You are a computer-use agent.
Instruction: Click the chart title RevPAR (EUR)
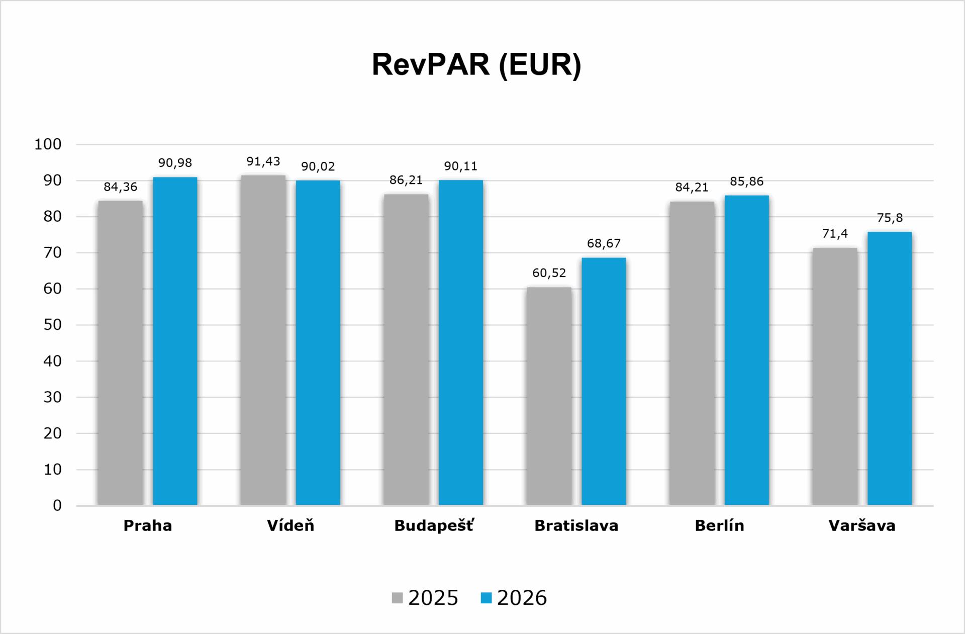pyautogui.click(x=476, y=64)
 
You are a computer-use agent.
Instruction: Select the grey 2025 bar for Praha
pyautogui.click(x=120, y=353)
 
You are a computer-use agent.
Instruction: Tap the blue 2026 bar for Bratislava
pyautogui.click(x=604, y=381)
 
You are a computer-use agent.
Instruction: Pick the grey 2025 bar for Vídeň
pyautogui.click(x=263, y=340)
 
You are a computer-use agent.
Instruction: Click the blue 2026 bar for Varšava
pyautogui.click(x=890, y=369)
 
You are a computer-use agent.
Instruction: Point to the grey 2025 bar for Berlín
pyautogui.click(x=692, y=353)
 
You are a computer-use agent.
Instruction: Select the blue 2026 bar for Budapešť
pyautogui.click(x=461, y=342)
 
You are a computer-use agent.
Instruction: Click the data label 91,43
pyautogui.click(x=263, y=161)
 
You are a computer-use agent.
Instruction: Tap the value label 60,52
pyautogui.click(x=549, y=273)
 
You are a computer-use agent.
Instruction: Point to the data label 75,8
pyautogui.click(x=890, y=218)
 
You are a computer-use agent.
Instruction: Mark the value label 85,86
pyautogui.click(x=747, y=182)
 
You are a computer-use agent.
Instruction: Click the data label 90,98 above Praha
pyautogui.click(x=175, y=163)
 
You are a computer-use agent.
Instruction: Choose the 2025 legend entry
pyautogui.click(x=425, y=598)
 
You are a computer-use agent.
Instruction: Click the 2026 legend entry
pyautogui.click(x=514, y=598)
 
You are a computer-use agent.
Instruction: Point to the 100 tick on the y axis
pyautogui.click(x=48, y=144)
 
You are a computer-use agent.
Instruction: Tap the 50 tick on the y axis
pyautogui.click(x=52, y=325)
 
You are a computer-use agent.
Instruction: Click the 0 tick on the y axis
pyautogui.click(x=57, y=505)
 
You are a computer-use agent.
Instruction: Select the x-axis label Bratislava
pyautogui.click(x=576, y=526)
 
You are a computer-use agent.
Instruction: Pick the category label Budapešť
pyautogui.click(x=434, y=526)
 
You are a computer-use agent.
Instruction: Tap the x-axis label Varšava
pyautogui.click(x=862, y=525)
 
